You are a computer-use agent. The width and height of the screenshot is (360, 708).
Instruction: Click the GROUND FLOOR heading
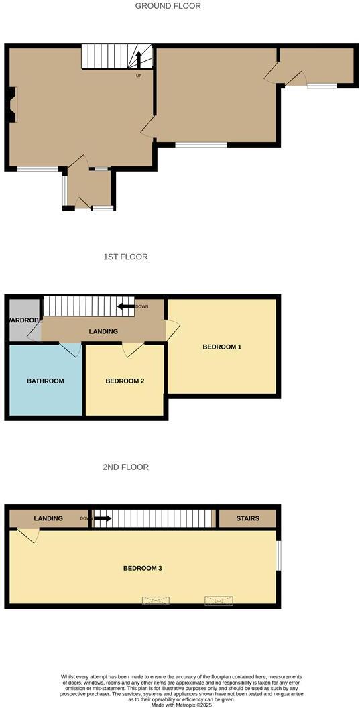pyautogui.click(x=168, y=6)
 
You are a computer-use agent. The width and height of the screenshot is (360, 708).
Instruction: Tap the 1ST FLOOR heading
pyautogui.click(x=125, y=257)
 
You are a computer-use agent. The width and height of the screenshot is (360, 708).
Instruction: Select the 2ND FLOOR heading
pyautogui.click(x=125, y=467)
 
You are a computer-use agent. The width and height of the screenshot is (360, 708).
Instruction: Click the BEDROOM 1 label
pyautogui.click(x=222, y=347)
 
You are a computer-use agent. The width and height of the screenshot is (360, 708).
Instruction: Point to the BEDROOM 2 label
pyautogui.click(x=125, y=381)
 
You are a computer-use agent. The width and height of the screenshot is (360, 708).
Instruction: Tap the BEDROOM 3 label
pyautogui.click(x=143, y=568)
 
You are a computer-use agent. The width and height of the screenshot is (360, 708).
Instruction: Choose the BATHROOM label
pyautogui.click(x=46, y=381)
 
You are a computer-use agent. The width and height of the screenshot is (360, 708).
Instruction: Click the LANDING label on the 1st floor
pyautogui.click(x=103, y=331)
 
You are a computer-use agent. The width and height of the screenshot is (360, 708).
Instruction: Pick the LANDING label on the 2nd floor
pyautogui.click(x=48, y=518)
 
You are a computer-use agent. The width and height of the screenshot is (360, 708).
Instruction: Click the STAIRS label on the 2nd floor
pyautogui.click(x=247, y=518)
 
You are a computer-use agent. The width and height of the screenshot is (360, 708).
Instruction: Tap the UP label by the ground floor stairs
pyautogui.click(x=139, y=75)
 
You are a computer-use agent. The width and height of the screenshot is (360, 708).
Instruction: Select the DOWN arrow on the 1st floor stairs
pyautogui.click(x=126, y=307)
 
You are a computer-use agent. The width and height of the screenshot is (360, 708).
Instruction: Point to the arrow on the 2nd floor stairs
pyautogui.click(x=103, y=518)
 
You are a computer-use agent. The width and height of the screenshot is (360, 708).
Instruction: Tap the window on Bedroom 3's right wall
pyautogui.click(x=279, y=556)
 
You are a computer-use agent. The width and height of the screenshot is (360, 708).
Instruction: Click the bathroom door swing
pyautogui.click(x=70, y=349)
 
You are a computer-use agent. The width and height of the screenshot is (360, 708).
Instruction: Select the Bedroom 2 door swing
pyautogui.click(x=132, y=349)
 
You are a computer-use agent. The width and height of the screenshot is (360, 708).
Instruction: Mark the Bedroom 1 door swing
pyautogui.click(x=173, y=329)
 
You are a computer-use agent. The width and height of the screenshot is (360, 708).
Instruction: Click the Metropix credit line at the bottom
pyautogui.click(x=180, y=705)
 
